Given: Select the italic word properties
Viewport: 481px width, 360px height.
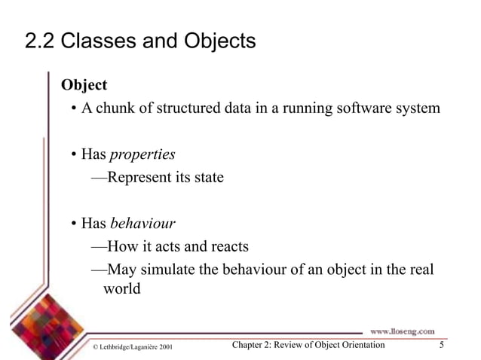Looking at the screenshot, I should pyautogui.click(x=142, y=154).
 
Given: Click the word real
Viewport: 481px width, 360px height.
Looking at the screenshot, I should pyautogui.click(x=421, y=270).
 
